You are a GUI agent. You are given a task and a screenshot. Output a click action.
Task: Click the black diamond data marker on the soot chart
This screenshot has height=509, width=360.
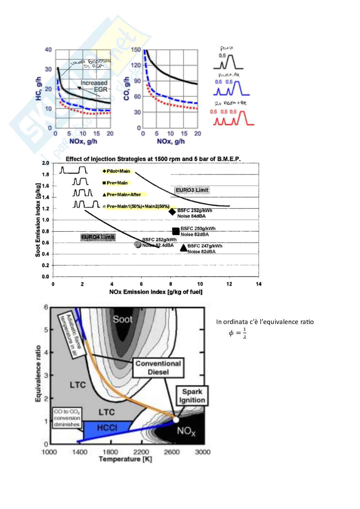coord(172,211)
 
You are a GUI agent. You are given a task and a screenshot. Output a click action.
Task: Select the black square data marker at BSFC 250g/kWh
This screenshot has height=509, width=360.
coord(176,231)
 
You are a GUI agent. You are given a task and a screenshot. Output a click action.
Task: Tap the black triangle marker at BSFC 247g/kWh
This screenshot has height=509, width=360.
coord(184,248)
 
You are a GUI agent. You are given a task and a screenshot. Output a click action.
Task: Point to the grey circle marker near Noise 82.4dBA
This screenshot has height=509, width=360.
coord(138,244)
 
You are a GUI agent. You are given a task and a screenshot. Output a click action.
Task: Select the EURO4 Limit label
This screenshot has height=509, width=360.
coord(98,238)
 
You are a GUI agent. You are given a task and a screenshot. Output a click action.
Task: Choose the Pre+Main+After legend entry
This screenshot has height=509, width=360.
coord(122,194)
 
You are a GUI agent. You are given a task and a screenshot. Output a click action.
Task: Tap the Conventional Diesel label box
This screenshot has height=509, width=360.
coord(158,367)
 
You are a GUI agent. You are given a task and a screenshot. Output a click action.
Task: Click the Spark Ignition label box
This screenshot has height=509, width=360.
coord(192,396)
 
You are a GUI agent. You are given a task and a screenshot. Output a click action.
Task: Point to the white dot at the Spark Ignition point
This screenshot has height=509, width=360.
coord(176,420)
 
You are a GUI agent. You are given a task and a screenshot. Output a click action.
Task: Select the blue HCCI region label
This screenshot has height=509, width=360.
coord(107,428)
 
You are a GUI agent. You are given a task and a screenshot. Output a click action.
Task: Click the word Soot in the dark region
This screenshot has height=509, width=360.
coord(122,319)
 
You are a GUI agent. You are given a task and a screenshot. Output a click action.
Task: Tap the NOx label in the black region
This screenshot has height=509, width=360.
coord(186,431)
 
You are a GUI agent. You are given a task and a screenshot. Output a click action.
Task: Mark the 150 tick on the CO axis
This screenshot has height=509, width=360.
coord(136,50)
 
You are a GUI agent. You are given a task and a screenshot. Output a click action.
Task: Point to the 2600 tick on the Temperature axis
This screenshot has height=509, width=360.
coord(172,452)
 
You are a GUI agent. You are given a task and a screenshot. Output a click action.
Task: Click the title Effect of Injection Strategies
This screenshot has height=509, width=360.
coord(153,159)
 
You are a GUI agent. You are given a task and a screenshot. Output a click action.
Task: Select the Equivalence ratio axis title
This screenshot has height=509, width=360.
coord(38,373)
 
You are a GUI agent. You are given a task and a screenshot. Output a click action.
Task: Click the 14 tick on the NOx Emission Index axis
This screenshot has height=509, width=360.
coord(258,284)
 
